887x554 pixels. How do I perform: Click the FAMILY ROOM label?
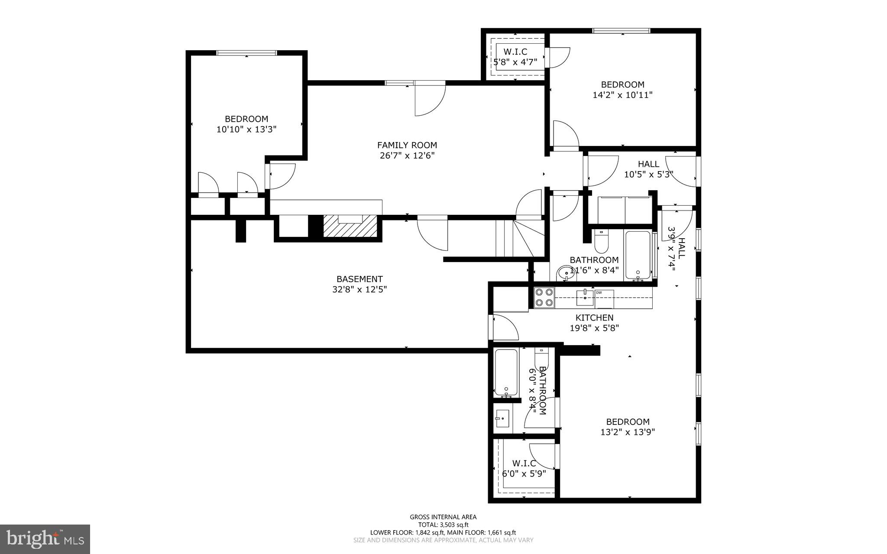(407, 146)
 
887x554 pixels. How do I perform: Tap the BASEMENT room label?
(359, 279)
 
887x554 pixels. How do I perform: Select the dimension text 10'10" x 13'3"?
(246, 129)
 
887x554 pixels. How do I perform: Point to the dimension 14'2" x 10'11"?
(622, 95)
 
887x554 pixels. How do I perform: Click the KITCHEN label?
(594, 318)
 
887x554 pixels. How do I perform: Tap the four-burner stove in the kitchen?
(544, 298)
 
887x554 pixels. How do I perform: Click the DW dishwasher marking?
(599, 293)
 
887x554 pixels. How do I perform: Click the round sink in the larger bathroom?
(563, 274)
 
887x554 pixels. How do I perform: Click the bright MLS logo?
(45, 539)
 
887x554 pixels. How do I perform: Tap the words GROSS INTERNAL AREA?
(443, 517)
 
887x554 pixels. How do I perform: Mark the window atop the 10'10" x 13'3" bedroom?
(246, 53)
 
